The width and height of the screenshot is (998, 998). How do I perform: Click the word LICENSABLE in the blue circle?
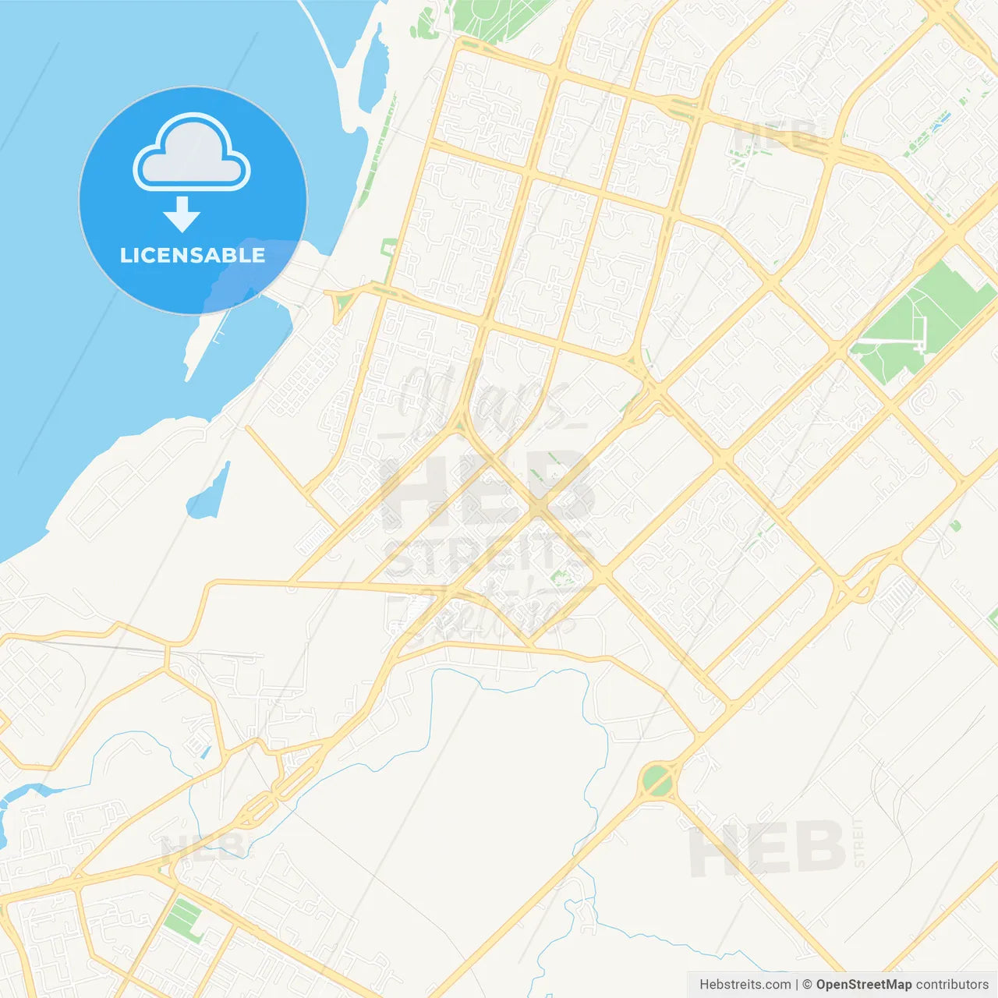pos(193,256)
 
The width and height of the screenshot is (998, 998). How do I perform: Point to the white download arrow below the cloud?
pos(182,214)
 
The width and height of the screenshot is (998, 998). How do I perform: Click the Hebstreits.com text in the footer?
pos(745,985)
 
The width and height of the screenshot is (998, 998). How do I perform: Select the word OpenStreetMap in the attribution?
pos(863,985)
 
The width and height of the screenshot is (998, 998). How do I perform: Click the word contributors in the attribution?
pos(952,985)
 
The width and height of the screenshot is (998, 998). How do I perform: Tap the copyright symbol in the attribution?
pos(807,985)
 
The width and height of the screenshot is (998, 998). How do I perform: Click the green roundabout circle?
pos(657,781)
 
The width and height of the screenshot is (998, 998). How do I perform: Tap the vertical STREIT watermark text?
pos(859,842)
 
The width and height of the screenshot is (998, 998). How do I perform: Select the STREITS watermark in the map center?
pos(487,554)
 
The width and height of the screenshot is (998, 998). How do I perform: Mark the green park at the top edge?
pos(491,14)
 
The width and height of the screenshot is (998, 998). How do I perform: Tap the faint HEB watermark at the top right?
pos(776,136)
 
